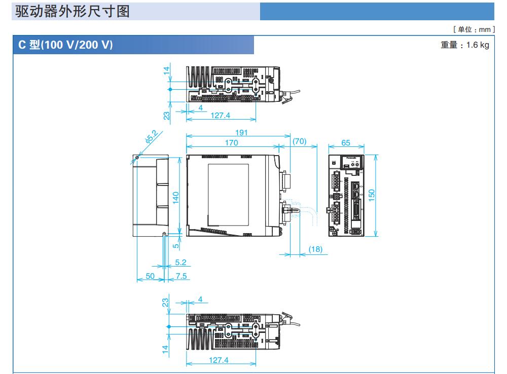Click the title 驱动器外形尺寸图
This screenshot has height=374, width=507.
point(73,12)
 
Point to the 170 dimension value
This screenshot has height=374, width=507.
point(232,143)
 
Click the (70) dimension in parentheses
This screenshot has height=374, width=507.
point(300,143)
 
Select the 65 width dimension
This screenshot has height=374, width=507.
point(346,143)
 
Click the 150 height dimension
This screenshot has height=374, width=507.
point(372,195)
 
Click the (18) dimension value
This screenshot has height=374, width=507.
point(315,249)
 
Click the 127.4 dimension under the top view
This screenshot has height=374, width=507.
point(220,116)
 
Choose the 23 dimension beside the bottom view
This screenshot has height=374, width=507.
point(165,303)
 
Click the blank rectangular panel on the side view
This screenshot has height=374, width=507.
point(229,194)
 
